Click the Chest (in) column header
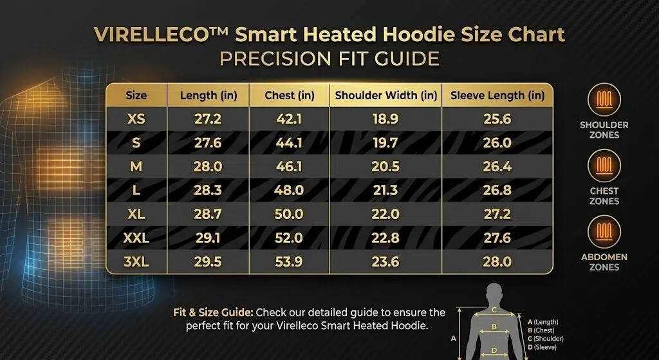point(289,95)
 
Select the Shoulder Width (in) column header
point(386,95)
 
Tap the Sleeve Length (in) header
point(497,95)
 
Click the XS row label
point(136,119)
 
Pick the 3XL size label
point(136,262)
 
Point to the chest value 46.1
point(289,167)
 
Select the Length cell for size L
point(208,191)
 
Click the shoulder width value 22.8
point(385,238)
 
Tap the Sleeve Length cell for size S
point(497,143)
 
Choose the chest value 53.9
point(289,262)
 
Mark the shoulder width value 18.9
point(385,119)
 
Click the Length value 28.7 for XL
point(208,214)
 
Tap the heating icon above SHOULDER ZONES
point(604,100)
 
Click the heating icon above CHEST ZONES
point(604,166)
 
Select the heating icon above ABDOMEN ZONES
point(604,232)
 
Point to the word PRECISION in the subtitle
point(274,59)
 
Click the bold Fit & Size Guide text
point(213,313)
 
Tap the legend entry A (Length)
point(543,322)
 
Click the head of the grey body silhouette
point(495,292)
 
